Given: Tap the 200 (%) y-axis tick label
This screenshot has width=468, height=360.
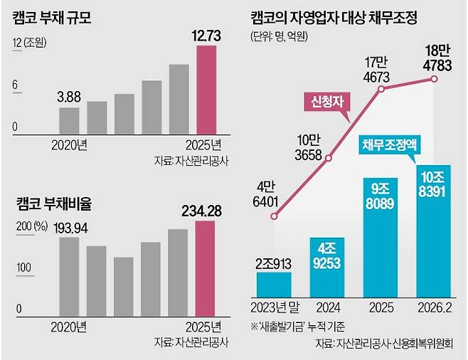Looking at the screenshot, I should coord(29,227).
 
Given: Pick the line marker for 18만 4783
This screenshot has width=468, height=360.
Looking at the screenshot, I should coord(434,78).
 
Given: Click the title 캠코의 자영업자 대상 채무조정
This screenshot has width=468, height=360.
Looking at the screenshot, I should coord(347,16).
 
